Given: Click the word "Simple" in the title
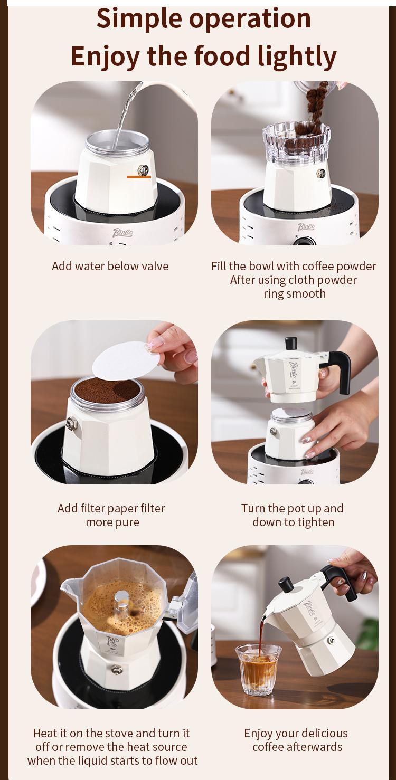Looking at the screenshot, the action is click(x=139, y=19).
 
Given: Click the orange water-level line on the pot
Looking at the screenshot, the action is click(x=139, y=177).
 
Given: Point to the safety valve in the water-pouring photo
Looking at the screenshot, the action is click(x=143, y=170).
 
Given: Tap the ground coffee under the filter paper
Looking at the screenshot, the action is click(x=108, y=391).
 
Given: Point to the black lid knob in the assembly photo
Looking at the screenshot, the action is click(x=291, y=343).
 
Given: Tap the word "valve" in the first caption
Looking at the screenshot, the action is click(x=155, y=266).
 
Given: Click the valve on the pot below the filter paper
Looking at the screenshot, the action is click(x=72, y=424).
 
